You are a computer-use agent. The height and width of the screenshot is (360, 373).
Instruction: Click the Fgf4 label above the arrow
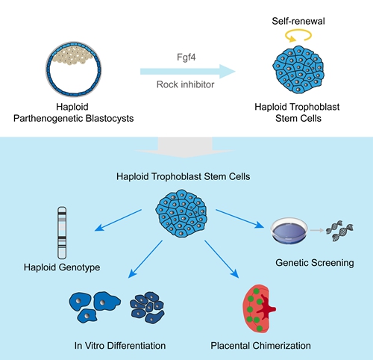pyautogui.click(x=186, y=58)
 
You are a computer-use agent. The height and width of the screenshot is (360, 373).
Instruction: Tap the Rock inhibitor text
pyautogui.click(x=185, y=84)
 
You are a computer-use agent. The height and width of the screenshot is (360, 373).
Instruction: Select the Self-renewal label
pyautogui.click(x=298, y=21)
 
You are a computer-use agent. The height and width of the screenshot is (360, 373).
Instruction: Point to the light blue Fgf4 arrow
pyautogui.click(x=188, y=72)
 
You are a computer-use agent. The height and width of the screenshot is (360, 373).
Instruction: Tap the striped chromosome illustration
pyautogui.click(x=62, y=233)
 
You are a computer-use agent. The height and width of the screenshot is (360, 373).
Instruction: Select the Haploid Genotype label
pyautogui.click(x=62, y=267)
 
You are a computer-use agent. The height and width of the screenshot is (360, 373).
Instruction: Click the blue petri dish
pyautogui.click(x=289, y=231)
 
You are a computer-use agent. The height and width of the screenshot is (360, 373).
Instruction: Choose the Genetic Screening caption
pyautogui.click(x=315, y=263)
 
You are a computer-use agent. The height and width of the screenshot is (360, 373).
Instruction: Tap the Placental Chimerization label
pyautogui.click(x=260, y=346)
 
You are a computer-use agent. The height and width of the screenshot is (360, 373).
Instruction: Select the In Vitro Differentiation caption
pyautogui.click(x=120, y=346)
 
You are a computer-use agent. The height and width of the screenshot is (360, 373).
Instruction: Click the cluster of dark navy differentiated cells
pyautogui.click(x=147, y=308)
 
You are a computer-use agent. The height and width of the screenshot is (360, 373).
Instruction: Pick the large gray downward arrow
pyautogui.click(x=185, y=147)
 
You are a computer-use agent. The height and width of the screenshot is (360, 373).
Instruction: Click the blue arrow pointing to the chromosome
pyautogui.click(x=118, y=220)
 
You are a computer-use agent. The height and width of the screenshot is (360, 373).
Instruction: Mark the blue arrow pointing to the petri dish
pyautogui.click(x=239, y=219)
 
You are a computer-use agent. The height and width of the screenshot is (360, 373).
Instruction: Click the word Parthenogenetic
pyautogui.click(x=48, y=118)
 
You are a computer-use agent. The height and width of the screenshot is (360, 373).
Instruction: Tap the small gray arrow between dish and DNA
pyautogui.click(x=317, y=231)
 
